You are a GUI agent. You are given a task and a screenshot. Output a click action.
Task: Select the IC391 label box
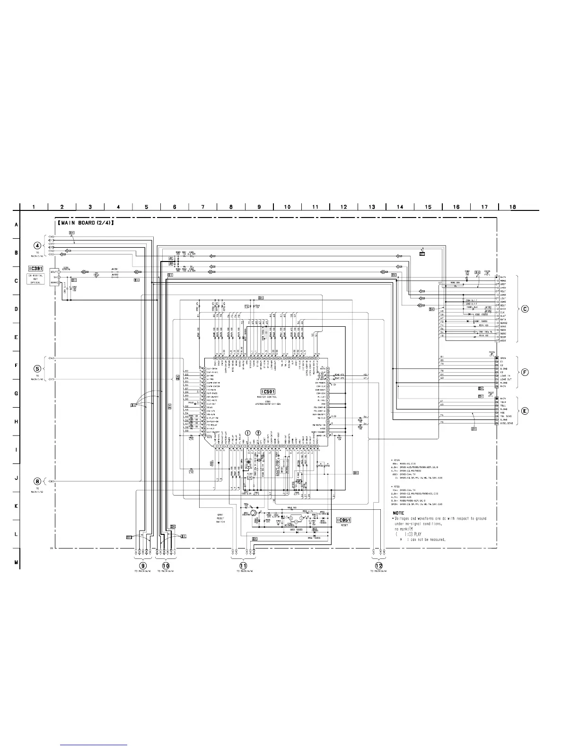36,268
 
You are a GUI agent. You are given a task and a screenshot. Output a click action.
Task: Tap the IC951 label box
343,520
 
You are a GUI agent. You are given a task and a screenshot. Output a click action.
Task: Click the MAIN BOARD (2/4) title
86,223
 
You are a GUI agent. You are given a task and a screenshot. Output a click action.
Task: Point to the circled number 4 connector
37,245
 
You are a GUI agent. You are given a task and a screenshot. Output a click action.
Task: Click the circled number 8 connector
37,481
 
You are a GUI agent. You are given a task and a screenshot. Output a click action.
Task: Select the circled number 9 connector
142,565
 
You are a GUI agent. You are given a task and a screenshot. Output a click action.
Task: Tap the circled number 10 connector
166,565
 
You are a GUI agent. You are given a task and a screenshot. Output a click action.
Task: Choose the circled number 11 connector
243,565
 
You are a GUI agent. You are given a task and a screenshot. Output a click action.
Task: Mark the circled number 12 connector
379,565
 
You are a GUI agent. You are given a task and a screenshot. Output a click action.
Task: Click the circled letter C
525,309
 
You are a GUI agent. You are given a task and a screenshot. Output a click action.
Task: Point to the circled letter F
525,372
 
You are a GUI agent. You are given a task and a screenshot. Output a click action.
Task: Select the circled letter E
525,410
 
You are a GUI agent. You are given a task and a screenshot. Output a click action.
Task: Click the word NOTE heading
398,513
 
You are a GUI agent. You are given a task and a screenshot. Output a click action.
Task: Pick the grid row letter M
16,563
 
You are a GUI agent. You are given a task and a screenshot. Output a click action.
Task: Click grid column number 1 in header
34,207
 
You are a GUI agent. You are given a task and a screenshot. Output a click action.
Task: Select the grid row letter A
16,225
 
